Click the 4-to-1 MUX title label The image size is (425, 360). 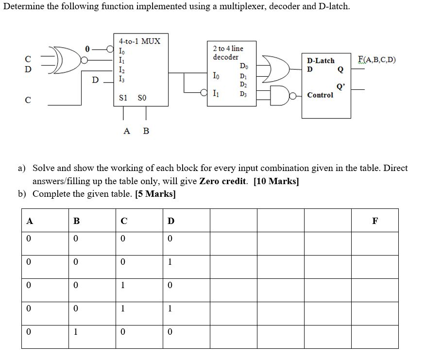coord(139,41)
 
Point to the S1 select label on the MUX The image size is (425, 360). coord(123,98)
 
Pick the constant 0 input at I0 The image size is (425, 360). coord(87,49)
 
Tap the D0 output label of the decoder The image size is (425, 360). coord(243,66)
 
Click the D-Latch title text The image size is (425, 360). coord(321,61)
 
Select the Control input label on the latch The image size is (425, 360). coord(320,95)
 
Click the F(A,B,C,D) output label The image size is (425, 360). coord(376,60)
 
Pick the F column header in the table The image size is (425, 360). coord(374,221)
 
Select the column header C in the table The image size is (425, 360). coord(124,221)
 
